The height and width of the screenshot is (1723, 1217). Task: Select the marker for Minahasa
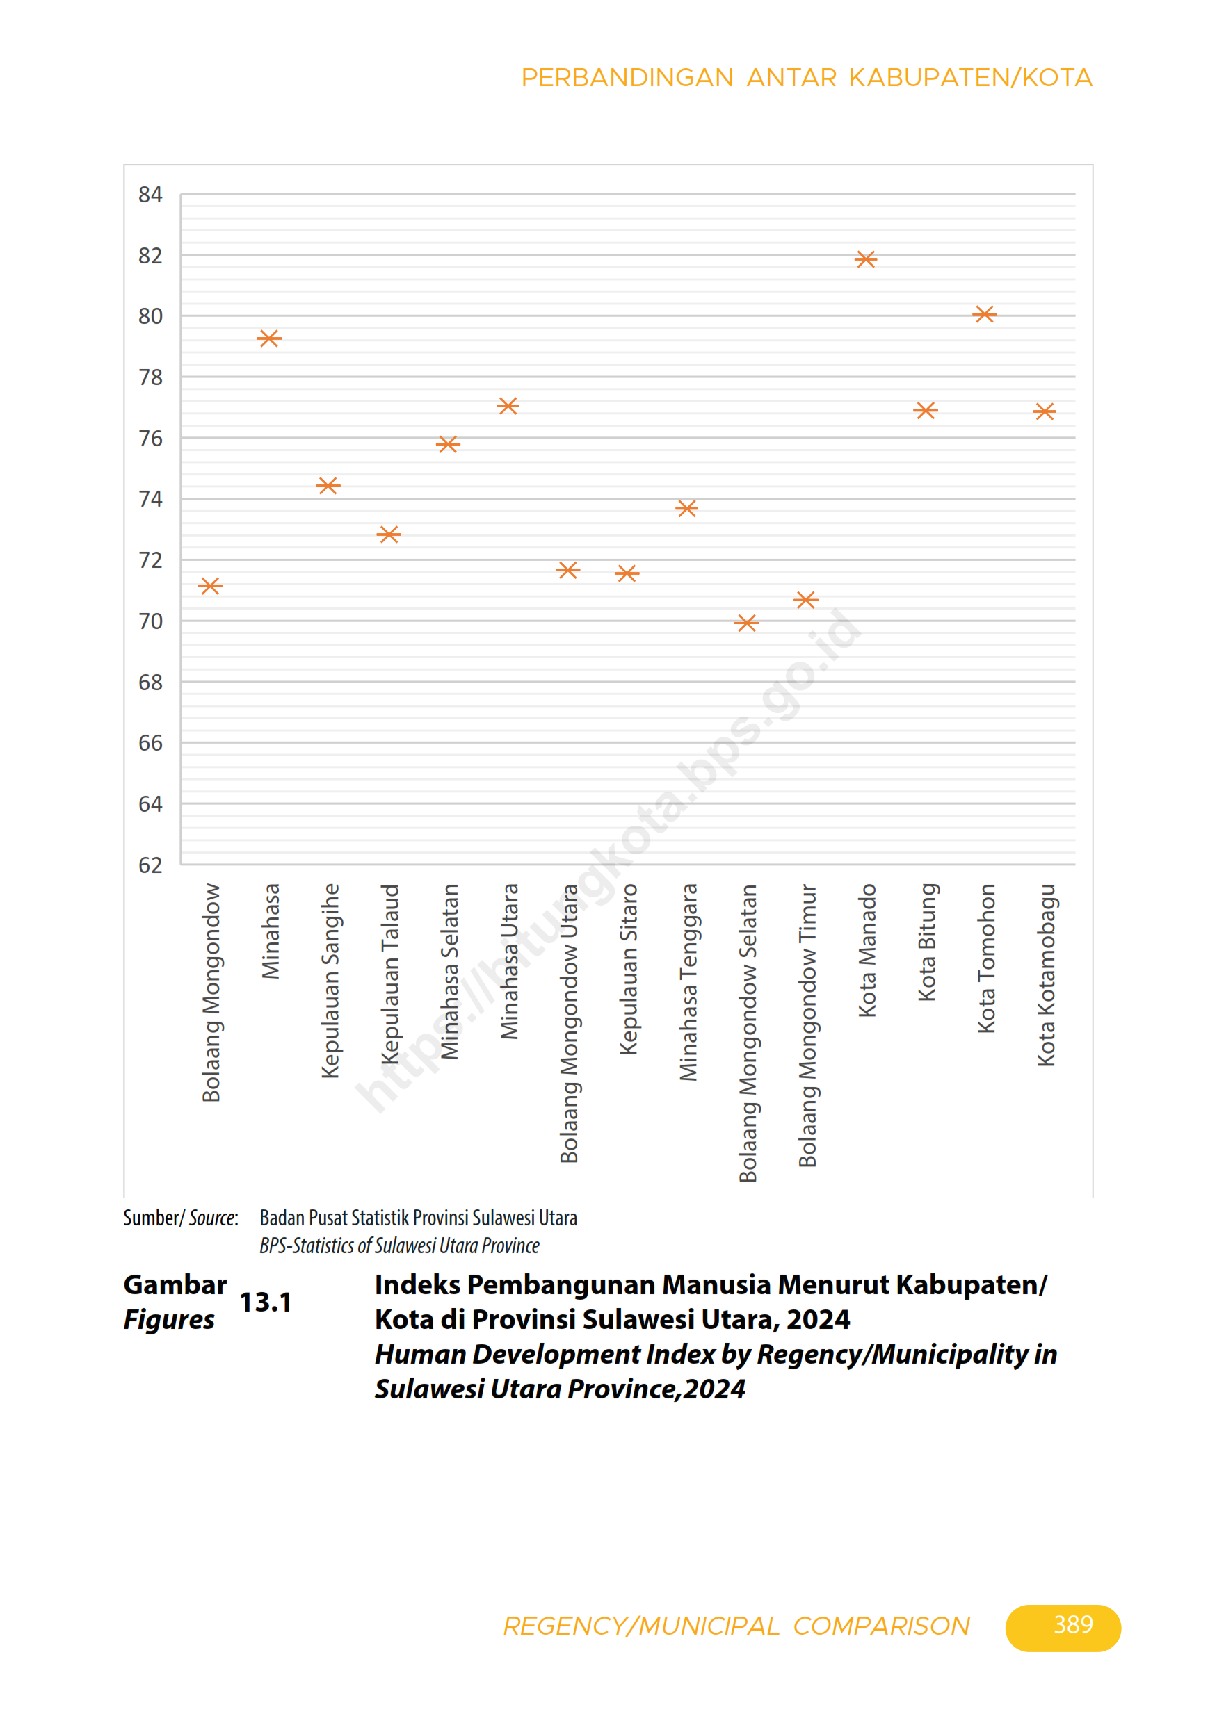click(268, 339)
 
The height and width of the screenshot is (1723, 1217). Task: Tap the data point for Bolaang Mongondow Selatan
click(746, 623)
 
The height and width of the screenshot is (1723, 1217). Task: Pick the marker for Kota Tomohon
click(984, 314)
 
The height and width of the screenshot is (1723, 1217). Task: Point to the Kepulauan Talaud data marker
click(388, 534)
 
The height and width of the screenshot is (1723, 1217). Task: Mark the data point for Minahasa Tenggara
click(686, 509)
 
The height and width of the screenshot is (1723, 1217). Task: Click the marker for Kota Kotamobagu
click(1045, 411)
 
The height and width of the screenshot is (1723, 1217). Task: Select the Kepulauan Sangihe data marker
click(328, 487)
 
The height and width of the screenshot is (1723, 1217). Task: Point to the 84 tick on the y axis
click(150, 195)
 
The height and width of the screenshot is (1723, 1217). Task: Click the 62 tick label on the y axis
click(150, 865)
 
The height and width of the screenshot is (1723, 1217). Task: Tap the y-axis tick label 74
click(150, 499)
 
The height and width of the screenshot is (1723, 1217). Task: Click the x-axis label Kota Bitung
click(926, 942)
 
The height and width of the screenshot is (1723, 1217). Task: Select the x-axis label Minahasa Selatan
click(449, 971)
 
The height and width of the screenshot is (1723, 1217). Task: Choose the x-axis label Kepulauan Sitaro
click(628, 969)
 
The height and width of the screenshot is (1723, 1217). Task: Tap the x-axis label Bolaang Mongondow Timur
click(807, 1025)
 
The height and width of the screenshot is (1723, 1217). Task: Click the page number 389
click(1073, 1625)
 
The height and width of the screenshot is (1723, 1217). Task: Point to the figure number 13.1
click(265, 1302)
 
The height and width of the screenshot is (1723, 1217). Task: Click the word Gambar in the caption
click(175, 1284)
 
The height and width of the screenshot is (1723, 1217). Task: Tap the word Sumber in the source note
click(151, 1217)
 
